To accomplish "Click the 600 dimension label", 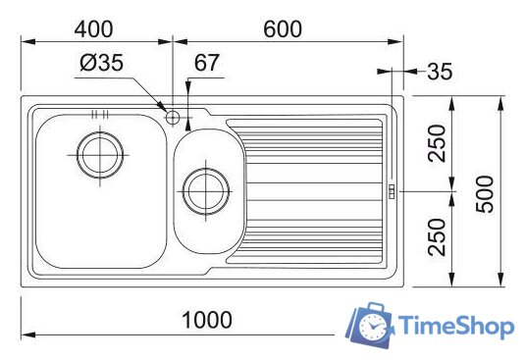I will [284, 28].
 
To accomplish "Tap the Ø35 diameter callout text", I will [102, 65].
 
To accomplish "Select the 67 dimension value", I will [206, 65].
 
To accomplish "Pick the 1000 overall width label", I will [206, 320].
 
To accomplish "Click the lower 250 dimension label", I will [438, 237].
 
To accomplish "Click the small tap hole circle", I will [173, 119].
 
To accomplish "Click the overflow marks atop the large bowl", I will [98, 115].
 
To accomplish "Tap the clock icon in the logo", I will [374, 326].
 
